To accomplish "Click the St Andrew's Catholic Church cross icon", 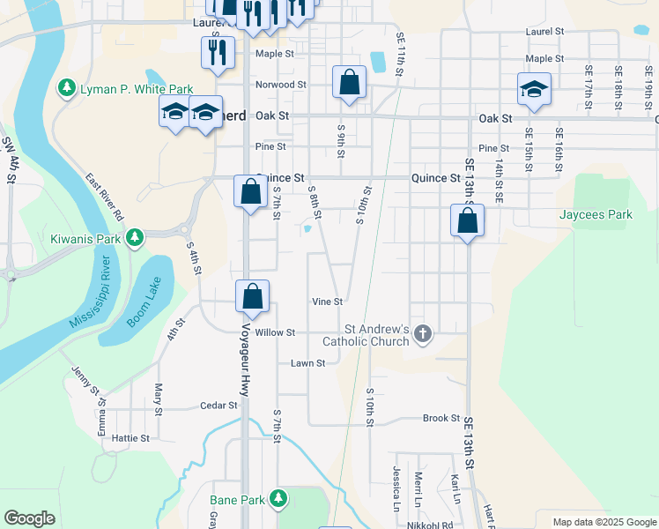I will (x=423, y=333).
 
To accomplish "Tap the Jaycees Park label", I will (x=596, y=214).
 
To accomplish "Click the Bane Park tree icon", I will (x=278, y=500).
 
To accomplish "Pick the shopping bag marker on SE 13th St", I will (x=468, y=220).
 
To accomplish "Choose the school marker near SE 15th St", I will (x=534, y=89).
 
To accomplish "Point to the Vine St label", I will (x=327, y=302).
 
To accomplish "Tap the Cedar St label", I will (x=219, y=406).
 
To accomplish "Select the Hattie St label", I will (x=130, y=437).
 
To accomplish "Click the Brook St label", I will (x=441, y=418).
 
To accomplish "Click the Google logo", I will (x=29, y=518).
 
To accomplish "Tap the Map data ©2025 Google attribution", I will (x=603, y=522).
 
